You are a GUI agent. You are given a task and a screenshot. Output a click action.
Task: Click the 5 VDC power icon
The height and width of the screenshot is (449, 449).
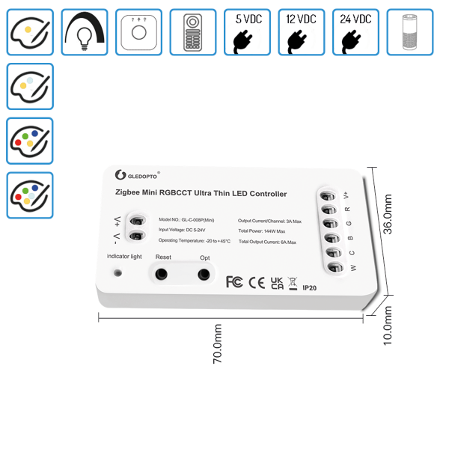(246, 32)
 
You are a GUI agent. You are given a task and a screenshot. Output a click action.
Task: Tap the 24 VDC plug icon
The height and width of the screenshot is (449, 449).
(355, 32)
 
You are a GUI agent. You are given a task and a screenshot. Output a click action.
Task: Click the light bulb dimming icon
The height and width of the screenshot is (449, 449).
(84, 32)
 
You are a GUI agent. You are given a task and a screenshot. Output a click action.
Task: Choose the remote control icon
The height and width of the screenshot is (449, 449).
(192, 32)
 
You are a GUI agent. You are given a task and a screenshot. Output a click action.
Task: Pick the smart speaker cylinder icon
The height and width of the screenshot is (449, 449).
(409, 32)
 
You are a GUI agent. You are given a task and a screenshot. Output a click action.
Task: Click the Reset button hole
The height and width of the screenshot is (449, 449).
(160, 275)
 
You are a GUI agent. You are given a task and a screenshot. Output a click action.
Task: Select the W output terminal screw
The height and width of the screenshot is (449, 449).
(335, 267)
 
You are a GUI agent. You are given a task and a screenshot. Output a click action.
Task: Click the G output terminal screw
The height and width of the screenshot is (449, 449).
(329, 224)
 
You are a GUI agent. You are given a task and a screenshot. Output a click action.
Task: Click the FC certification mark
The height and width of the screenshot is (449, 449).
(234, 281)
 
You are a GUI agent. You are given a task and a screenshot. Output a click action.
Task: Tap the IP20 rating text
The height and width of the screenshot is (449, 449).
(311, 286)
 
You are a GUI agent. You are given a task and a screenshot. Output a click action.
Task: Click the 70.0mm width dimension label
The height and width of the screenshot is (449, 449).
(218, 343)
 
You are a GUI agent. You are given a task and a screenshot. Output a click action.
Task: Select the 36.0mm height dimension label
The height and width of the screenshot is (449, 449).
(388, 215)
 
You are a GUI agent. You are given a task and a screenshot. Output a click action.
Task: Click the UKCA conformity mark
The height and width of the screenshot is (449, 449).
(277, 282)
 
